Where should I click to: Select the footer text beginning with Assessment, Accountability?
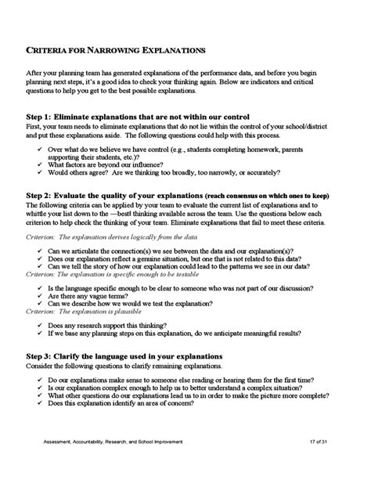pos(113,464)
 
